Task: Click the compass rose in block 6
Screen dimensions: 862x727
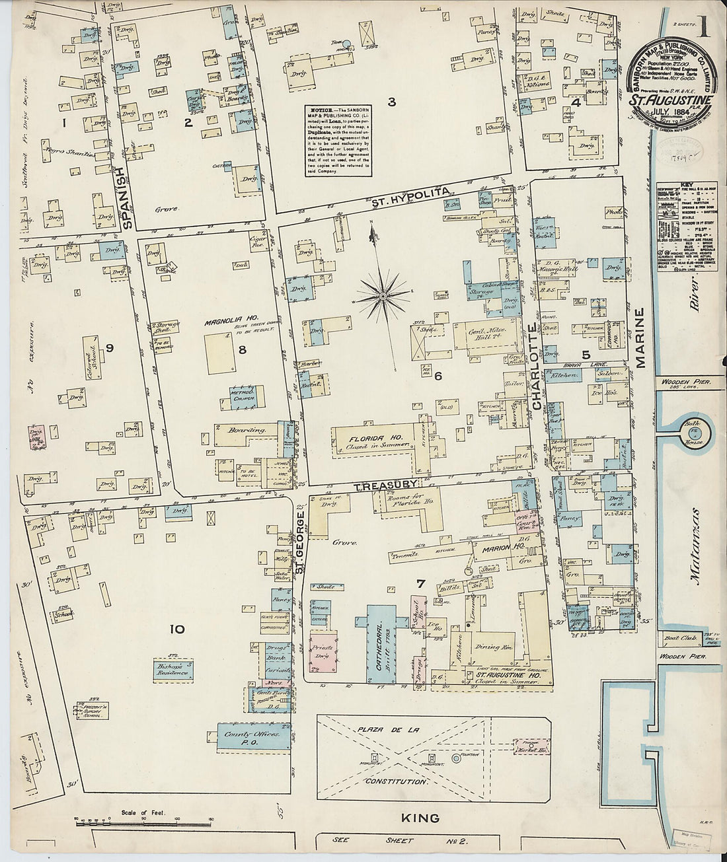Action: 383,290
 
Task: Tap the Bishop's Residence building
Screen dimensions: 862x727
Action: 174,670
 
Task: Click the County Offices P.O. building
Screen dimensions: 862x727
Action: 254,738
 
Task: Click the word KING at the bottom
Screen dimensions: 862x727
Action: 420,818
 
